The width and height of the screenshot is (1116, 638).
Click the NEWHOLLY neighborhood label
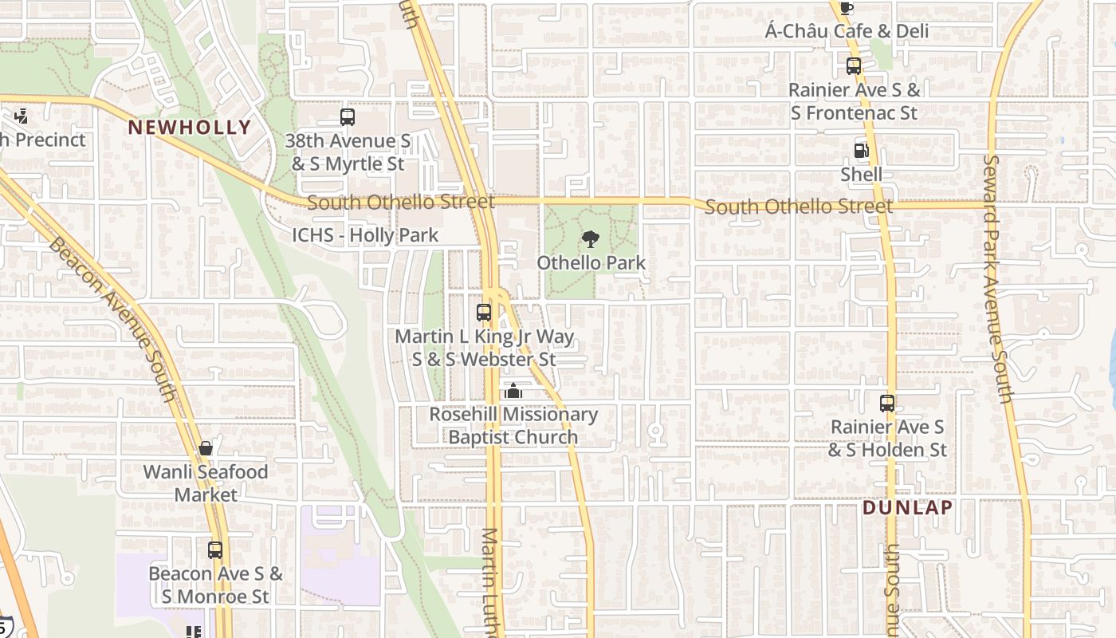tap(189, 127)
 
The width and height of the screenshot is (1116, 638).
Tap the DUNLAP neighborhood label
tap(907, 507)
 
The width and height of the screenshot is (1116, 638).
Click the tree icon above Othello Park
tap(590, 238)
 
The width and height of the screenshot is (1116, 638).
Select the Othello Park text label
tap(591, 262)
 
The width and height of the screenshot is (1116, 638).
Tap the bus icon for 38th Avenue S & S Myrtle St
tap(347, 117)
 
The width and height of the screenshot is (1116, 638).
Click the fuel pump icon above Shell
tap(861, 150)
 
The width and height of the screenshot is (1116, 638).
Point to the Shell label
tap(861, 174)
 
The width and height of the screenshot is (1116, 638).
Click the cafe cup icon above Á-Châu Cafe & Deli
tap(847, 8)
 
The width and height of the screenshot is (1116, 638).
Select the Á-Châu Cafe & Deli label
tap(847, 32)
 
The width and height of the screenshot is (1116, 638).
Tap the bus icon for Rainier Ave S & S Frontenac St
tap(854, 66)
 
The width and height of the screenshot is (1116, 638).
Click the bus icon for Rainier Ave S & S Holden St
tap(886, 404)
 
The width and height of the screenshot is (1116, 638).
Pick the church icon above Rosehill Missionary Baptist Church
tap(513, 391)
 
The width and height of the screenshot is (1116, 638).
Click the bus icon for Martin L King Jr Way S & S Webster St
tap(484, 313)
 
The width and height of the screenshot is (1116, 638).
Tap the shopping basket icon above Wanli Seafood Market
tap(206, 448)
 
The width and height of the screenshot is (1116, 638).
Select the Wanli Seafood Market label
tap(206, 483)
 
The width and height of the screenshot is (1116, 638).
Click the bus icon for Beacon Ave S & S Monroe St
tap(215, 549)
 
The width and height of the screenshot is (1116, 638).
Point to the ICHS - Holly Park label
tap(365, 235)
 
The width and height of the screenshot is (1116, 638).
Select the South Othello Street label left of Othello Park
tap(400, 202)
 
